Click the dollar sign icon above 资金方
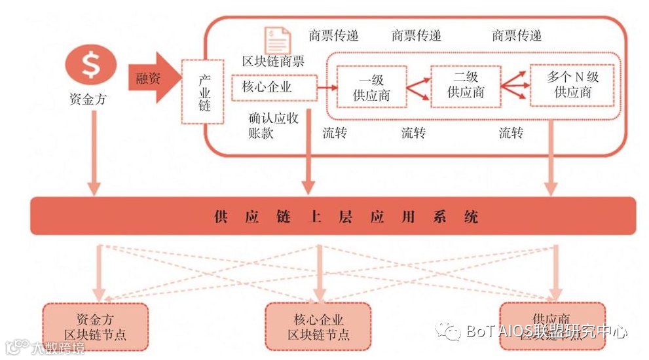91,65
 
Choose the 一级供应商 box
371,87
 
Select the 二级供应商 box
466,85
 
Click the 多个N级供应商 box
573,85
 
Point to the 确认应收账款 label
273,126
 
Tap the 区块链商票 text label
273,61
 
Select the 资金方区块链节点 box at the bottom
96,327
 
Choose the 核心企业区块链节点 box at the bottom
319,327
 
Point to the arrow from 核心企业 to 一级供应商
326,87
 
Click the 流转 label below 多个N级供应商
511,134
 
